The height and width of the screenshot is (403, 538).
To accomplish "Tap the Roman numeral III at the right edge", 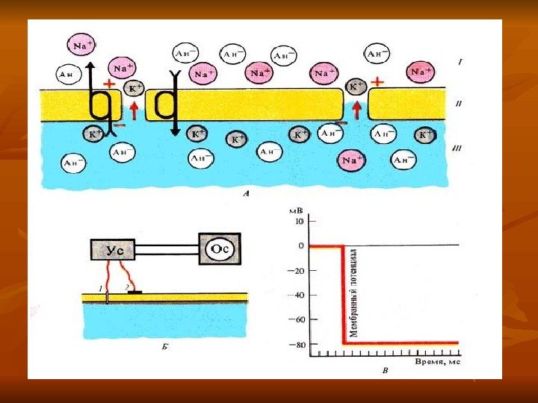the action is tap(458, 149).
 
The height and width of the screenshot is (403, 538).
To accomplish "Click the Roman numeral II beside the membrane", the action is tap(459, 105).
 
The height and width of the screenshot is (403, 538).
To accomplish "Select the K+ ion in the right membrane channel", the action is tap(356, 87).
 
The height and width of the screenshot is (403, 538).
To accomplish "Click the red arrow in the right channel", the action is tap(356, 110).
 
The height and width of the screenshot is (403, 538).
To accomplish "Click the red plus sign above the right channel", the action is tap(377, 81).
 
